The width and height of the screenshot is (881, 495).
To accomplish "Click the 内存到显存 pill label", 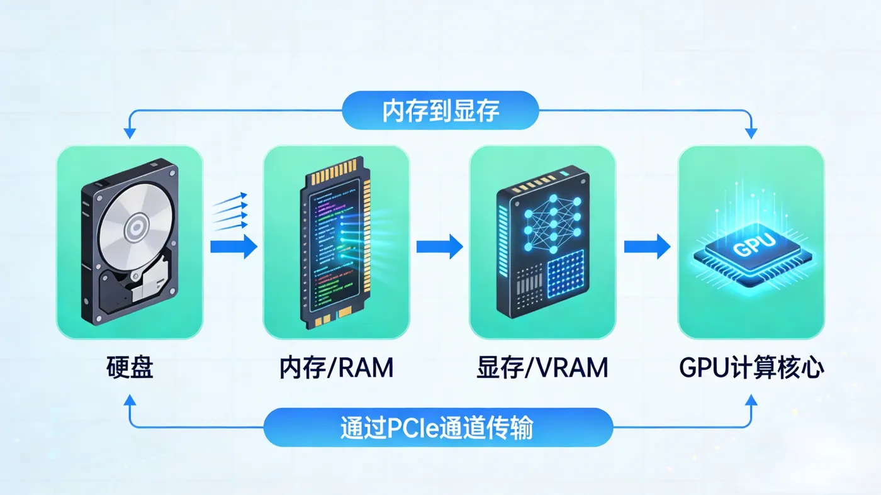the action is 440,111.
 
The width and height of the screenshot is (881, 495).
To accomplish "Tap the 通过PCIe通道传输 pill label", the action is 438,427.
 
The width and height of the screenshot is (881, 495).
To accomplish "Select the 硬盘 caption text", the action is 130,367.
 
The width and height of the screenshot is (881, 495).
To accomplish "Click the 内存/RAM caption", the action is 336,367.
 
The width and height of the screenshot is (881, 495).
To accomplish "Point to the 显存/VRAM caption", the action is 542,367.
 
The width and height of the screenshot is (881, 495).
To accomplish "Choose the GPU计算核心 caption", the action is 751,367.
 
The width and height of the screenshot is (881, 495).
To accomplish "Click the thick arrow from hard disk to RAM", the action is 233,247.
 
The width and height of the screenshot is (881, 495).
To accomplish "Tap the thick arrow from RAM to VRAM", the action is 440,247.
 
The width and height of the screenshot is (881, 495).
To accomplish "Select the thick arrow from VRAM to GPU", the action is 648,247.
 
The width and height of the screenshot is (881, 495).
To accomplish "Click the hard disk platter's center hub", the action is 137,227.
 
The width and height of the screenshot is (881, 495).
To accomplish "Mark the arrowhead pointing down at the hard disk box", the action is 130,134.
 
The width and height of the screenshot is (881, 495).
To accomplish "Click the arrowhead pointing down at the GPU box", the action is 751,134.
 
